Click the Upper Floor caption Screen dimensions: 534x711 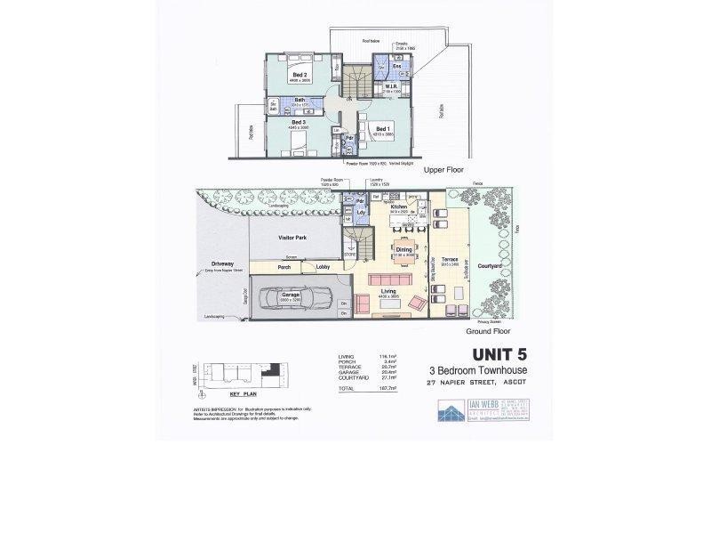[445, 168]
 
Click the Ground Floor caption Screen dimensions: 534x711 [487, 329]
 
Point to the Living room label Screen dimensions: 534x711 [387, 290]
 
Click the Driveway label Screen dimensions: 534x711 [222, 263]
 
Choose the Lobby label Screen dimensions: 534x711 [322, 266]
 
